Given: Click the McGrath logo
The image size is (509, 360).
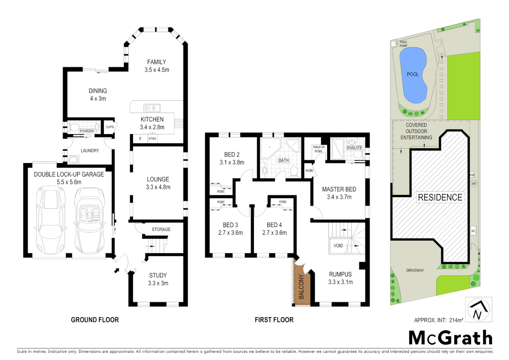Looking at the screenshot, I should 450,338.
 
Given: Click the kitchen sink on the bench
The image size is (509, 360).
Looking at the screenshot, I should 152,108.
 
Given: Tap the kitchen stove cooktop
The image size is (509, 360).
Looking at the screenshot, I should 179,123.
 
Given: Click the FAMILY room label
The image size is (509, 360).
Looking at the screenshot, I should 157,62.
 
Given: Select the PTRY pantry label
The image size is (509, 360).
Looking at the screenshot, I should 153,139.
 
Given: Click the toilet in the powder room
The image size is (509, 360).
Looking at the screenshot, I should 74,127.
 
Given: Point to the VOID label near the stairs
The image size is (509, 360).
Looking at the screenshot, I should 338,246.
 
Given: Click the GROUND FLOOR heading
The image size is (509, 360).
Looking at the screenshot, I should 95,320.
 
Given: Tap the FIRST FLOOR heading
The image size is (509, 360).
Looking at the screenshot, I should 274,320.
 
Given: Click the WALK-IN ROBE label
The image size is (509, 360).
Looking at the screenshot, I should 318,149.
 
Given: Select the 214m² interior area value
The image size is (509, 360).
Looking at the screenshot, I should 456,320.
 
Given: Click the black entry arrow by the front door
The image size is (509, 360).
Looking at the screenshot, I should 117,270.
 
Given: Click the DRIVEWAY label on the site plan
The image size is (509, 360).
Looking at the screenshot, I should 415,270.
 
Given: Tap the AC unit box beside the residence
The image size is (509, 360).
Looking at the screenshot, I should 473,231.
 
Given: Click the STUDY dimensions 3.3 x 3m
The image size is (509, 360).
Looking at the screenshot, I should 158,283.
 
